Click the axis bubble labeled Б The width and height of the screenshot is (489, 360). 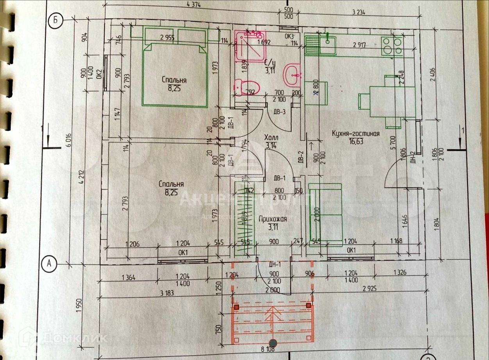[55, 21]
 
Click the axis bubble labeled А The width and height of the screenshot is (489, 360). [49, 264]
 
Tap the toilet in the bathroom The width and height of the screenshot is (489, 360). [246, 87]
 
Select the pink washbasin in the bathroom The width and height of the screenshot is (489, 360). [293, 75]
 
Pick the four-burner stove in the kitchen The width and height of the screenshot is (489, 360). [392, 46]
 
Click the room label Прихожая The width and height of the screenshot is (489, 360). [273, 219]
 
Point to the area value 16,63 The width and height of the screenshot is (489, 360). [356, 141]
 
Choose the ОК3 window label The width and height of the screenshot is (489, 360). [289, 37]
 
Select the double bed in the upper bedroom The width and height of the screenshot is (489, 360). [174, 74]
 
